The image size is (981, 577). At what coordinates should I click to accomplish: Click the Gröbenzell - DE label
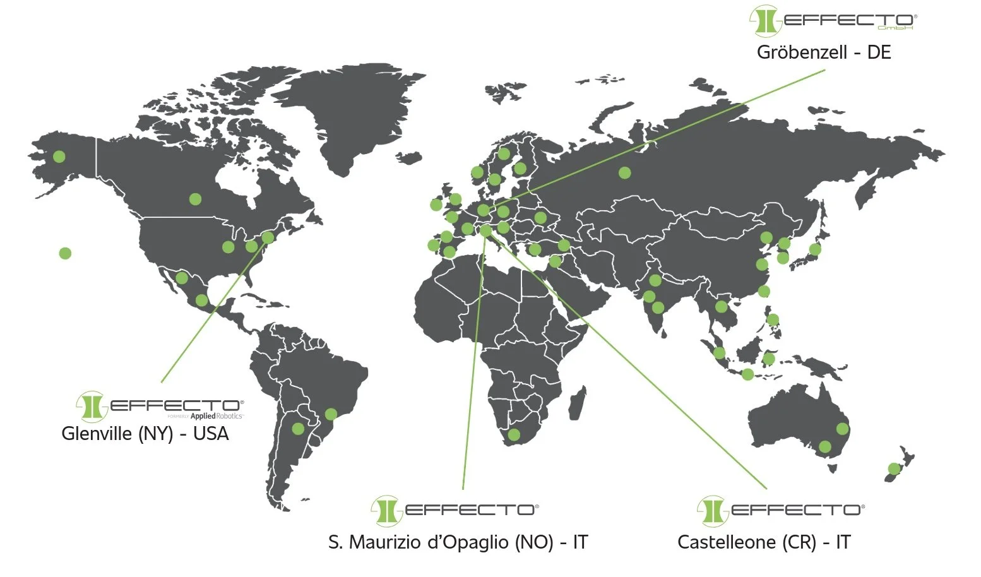pyautogui.click(x=824, y=52)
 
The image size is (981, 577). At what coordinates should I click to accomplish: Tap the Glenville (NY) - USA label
pyautogui.click(x=145, y=434)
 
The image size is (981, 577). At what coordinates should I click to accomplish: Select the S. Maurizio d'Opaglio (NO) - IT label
pyautogui.click(x=458, y=542)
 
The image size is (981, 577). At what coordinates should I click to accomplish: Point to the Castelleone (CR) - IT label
pyautogui.click(x=764, y=542)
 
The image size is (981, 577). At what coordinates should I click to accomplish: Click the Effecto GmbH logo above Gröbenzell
pyautogui.click(x=833, y=21)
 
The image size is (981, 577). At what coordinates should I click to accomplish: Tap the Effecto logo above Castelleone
pyautogui.click(x=781, y=511)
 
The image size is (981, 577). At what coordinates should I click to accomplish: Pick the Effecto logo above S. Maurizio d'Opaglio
pyautogui.click(x=455, y=511)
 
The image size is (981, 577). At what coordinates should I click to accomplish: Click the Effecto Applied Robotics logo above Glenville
pyautogui.click(x=160, y=406)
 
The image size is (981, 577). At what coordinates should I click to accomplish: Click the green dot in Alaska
pyautogui.click(x=59, y=156)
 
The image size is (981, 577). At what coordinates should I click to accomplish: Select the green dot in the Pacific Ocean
pyautogui.click(x=65, y=253)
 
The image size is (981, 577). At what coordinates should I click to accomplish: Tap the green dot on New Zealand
pyautogui.click(x=894, y=468)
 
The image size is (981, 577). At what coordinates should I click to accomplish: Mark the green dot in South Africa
pyautogui.click(x=514, y=434)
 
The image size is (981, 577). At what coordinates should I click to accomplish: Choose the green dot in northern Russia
pyautogui.click(x=624, y=172)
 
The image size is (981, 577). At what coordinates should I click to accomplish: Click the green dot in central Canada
pyautogui.click(x=195, y=199)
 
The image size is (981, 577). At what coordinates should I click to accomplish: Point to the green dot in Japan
pyautogui.click(x=815, y=249)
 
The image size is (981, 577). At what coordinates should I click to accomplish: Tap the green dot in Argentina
pyautogui.click(x=298, y=429)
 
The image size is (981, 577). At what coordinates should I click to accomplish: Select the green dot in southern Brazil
pyautogui.click(x=331, y=414)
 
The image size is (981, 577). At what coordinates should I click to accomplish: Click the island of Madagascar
pyautogui.click(x=576, y=404)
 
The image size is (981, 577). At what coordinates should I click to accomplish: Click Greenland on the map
pyautogui.click(x=354, y=114)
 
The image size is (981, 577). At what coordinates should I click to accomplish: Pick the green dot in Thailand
pyautogui.click(x=721, y=307)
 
